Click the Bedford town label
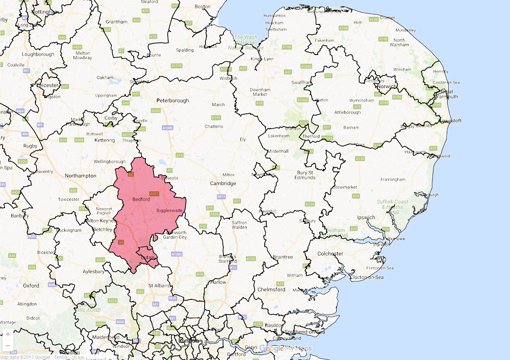tap(141, 199)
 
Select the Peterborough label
tap(172, 100)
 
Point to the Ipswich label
tap(366, 217)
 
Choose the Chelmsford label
tap(272, 289)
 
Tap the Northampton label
tap(81, 175)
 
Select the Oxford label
tap(31, 286)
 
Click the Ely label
tap(243, 139)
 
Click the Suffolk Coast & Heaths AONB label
tap(393, 207)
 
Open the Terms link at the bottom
tap(61, 357)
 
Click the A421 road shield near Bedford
tap(155, 194)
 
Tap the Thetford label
tap(311, 136)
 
